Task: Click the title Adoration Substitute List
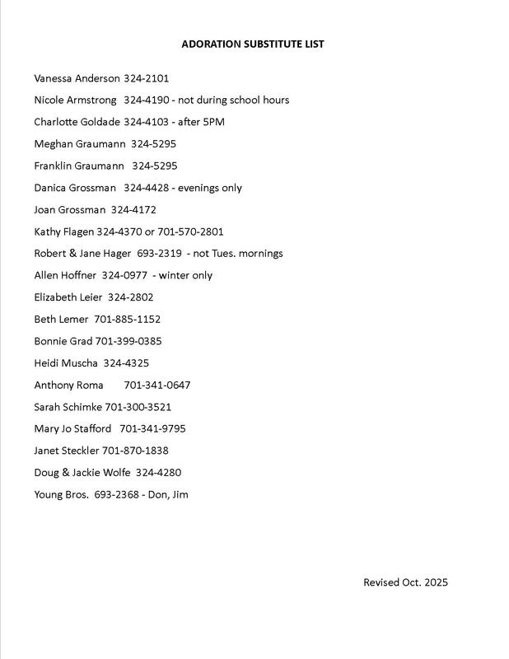pos(253,44)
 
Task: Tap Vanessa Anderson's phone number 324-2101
pos(146,78)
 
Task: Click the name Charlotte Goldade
pos(77,122)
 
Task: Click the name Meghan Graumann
pos(78,144)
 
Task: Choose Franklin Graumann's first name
pos(54,166)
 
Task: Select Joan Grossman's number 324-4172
pos(133,210)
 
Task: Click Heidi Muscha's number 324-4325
pos(126,362)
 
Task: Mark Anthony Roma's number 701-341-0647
pos(156,385)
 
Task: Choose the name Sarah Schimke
pos(68,407)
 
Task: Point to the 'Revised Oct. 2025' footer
pos(405,582)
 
